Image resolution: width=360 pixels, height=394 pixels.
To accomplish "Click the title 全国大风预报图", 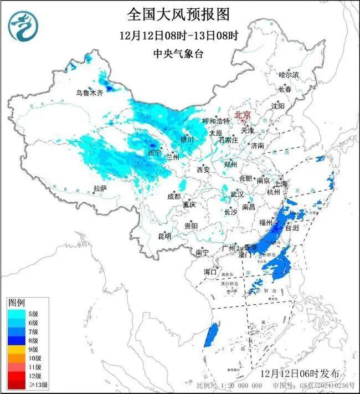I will tap(178, 14).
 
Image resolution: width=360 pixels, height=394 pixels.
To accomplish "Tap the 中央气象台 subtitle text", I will tap(178, 54).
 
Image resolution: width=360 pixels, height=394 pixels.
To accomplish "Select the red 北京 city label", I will tap(243, 115).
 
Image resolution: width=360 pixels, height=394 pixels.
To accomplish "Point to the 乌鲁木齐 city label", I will tap(89, 93).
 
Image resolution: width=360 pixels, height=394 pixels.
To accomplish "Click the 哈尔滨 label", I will tap(289, 74).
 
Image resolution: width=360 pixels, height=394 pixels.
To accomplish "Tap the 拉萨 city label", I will tap(100, 188).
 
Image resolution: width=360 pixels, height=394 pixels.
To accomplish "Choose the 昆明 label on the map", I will tap(164, 237).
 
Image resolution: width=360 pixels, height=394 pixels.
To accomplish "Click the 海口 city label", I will tap(209, 272).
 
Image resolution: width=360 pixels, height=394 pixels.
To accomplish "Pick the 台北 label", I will tap(291, 228).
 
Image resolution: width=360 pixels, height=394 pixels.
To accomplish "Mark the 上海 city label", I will tap(281, 183).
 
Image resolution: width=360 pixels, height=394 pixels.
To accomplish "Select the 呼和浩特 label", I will tap(215, 121).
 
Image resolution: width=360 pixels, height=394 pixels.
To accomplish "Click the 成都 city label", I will tap(174, 196).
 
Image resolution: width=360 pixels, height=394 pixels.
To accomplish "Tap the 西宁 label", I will tap(155, 152).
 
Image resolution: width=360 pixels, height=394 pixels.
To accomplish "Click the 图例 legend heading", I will tap(16, 302).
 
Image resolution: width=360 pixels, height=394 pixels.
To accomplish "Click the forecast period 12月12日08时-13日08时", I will tap(178, 36).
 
